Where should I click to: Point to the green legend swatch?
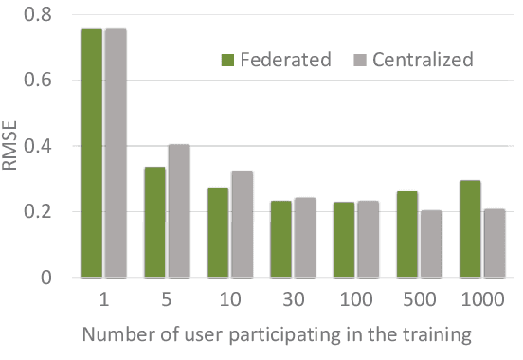[227, 60]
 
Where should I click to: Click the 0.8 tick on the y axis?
[39, 14]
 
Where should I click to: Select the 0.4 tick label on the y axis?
[39, 146]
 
